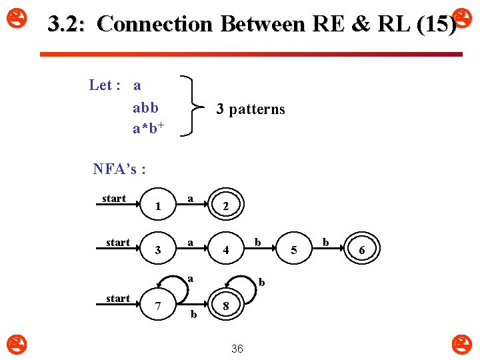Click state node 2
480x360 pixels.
click(225, 207)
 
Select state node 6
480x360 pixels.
click(361, 249)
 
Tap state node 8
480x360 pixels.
click(226, 306)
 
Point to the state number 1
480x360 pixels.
click(157, 207)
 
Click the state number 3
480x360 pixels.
click(157, 251)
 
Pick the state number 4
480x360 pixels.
click(226, 251)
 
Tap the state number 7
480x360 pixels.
click(157, 306)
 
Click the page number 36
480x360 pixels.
click(237, 349)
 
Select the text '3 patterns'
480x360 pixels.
click(251, 109)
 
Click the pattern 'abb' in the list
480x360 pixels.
click(145, 107)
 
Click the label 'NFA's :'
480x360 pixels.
click(119, 169)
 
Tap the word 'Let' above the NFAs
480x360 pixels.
click(101, 85)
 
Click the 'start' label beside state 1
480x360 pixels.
click(114, 199)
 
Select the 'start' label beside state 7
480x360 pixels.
click(118, 298)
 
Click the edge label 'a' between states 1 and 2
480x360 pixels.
click(191, 199)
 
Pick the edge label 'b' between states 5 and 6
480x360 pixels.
click(326, 242)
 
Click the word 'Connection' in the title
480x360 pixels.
click(154, 25)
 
